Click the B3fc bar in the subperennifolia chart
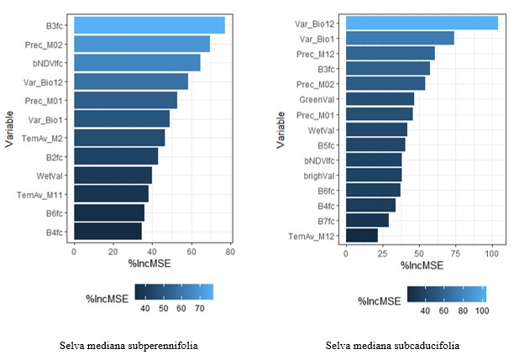[149, 25]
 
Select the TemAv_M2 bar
[119, 138]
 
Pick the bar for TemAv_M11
[111, 194]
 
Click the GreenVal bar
[380, 98]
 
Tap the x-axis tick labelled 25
[381, 253]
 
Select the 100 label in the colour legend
[480, 310]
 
